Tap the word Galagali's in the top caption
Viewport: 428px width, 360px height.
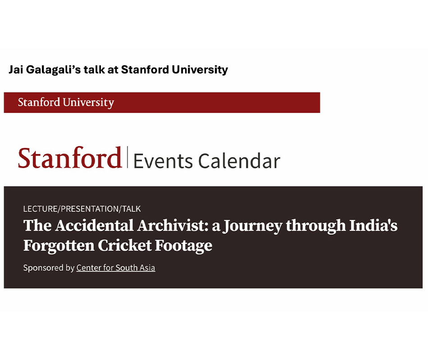coord(54,70)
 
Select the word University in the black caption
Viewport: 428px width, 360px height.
coord(200,70)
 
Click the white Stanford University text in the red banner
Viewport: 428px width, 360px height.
coord(66,103)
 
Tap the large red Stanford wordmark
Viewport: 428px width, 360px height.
coord(69,157)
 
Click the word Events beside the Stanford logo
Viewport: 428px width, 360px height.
coord(163,161)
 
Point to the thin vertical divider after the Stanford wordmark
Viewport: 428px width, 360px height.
coord(127,157)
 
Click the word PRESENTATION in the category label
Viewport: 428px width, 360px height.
coord(90,209)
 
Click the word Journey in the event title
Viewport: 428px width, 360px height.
coord(252,226)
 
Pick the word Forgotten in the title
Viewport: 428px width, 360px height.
coord(59,245)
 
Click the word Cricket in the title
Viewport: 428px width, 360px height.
coord(125,245)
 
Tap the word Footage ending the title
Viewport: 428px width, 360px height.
coord(184,246)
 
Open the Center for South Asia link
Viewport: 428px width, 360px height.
coord(116,268)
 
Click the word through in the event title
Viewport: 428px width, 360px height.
coord(316,226)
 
